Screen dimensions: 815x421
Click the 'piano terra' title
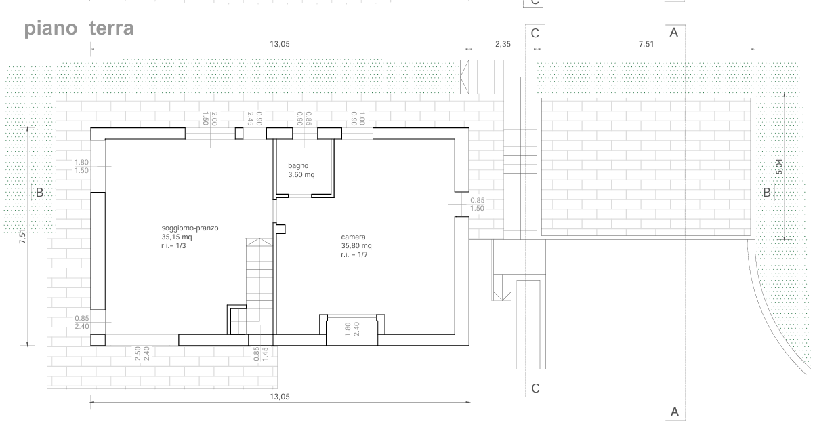pos(79,28)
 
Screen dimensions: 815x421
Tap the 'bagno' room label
pos(298,166)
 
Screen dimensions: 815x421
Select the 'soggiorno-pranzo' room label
pos(190,228)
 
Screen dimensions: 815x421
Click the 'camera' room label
pos(353,237)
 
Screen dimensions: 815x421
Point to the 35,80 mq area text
pos(356,246)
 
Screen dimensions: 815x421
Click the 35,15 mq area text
pos(177,237)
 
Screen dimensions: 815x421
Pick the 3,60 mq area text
pos(301,175)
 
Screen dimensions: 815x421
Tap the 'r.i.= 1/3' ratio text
pos(173,246)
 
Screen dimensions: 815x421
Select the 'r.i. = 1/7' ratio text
pos(354,255)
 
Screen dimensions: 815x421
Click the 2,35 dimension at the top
pos(503,44)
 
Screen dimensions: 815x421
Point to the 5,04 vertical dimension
pos(779,166)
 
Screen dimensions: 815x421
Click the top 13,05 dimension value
pos(280,44)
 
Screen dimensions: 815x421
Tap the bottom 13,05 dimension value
pos(280,397)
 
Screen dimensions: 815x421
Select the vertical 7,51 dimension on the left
pos(22,237)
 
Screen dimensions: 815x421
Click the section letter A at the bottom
pos(675,412)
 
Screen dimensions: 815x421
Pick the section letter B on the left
pos(40,193)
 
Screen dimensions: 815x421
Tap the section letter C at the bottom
pos(535,388)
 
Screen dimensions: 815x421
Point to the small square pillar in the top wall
pos(239,134)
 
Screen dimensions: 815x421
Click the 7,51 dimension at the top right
pos(646,44)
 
